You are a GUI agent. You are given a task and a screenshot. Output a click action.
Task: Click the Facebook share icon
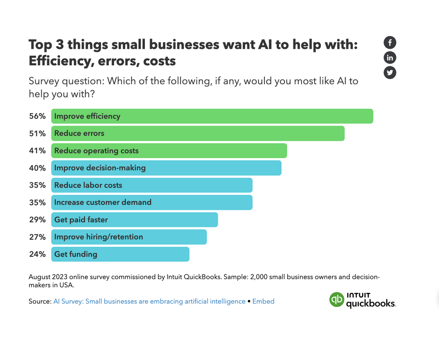[x=390, y=43]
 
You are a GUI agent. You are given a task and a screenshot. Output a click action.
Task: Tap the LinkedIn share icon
[x=390, y=58]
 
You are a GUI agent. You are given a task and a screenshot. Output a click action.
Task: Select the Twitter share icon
[x=390, y=72]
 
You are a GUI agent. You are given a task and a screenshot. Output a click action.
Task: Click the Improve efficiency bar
[x=212, y=116]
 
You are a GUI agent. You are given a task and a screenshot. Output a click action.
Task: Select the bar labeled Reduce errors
[x=198, y=133]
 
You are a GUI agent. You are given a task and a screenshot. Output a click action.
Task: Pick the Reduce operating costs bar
[x=169, y=151]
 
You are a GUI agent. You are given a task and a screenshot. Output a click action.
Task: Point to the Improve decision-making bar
[x=166, y=168]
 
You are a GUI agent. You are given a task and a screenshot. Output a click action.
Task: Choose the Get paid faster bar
[x=134, y=220]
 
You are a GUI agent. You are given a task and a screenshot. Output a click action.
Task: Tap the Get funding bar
[x=120, y=254]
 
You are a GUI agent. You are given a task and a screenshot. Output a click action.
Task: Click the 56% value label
[x=37, y=116]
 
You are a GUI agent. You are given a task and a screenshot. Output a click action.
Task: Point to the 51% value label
[x=37, y=133]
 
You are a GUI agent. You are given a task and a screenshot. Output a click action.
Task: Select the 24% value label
[x=37, y=254]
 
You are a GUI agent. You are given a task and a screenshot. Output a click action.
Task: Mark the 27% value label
[x=37, y=237]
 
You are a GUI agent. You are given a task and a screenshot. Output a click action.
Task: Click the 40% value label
[x=37, y=168]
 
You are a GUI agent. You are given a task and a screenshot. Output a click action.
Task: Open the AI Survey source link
[x=149, y=302]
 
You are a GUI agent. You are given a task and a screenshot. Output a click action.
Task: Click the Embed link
[x=263, y=302]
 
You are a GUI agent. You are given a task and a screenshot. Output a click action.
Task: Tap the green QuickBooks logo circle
[x=337, y=299]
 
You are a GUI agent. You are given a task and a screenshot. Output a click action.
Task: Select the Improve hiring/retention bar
[x=129, y=237]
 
